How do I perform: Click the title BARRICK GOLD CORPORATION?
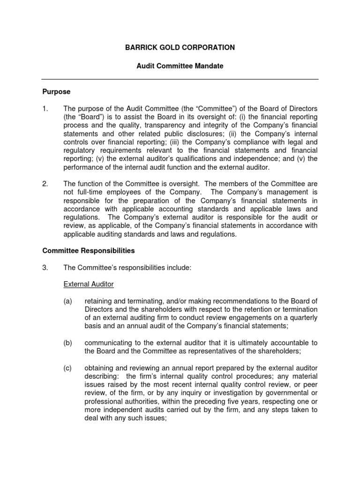[x=180, y=47]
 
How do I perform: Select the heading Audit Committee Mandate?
[x=180, y=66]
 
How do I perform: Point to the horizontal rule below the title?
[x=180, y=79]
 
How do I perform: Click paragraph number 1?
[x=45, y=109]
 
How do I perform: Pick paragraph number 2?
[x=45, y=184]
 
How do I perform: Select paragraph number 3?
[x=45, y=268]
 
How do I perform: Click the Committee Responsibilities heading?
[x=89, y=251]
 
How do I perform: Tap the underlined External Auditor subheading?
[x=89, y=285]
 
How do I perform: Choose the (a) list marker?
[x=68, y=301]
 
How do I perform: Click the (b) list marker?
[x=68, y=343]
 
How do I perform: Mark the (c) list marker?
[x=68, y=368]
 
